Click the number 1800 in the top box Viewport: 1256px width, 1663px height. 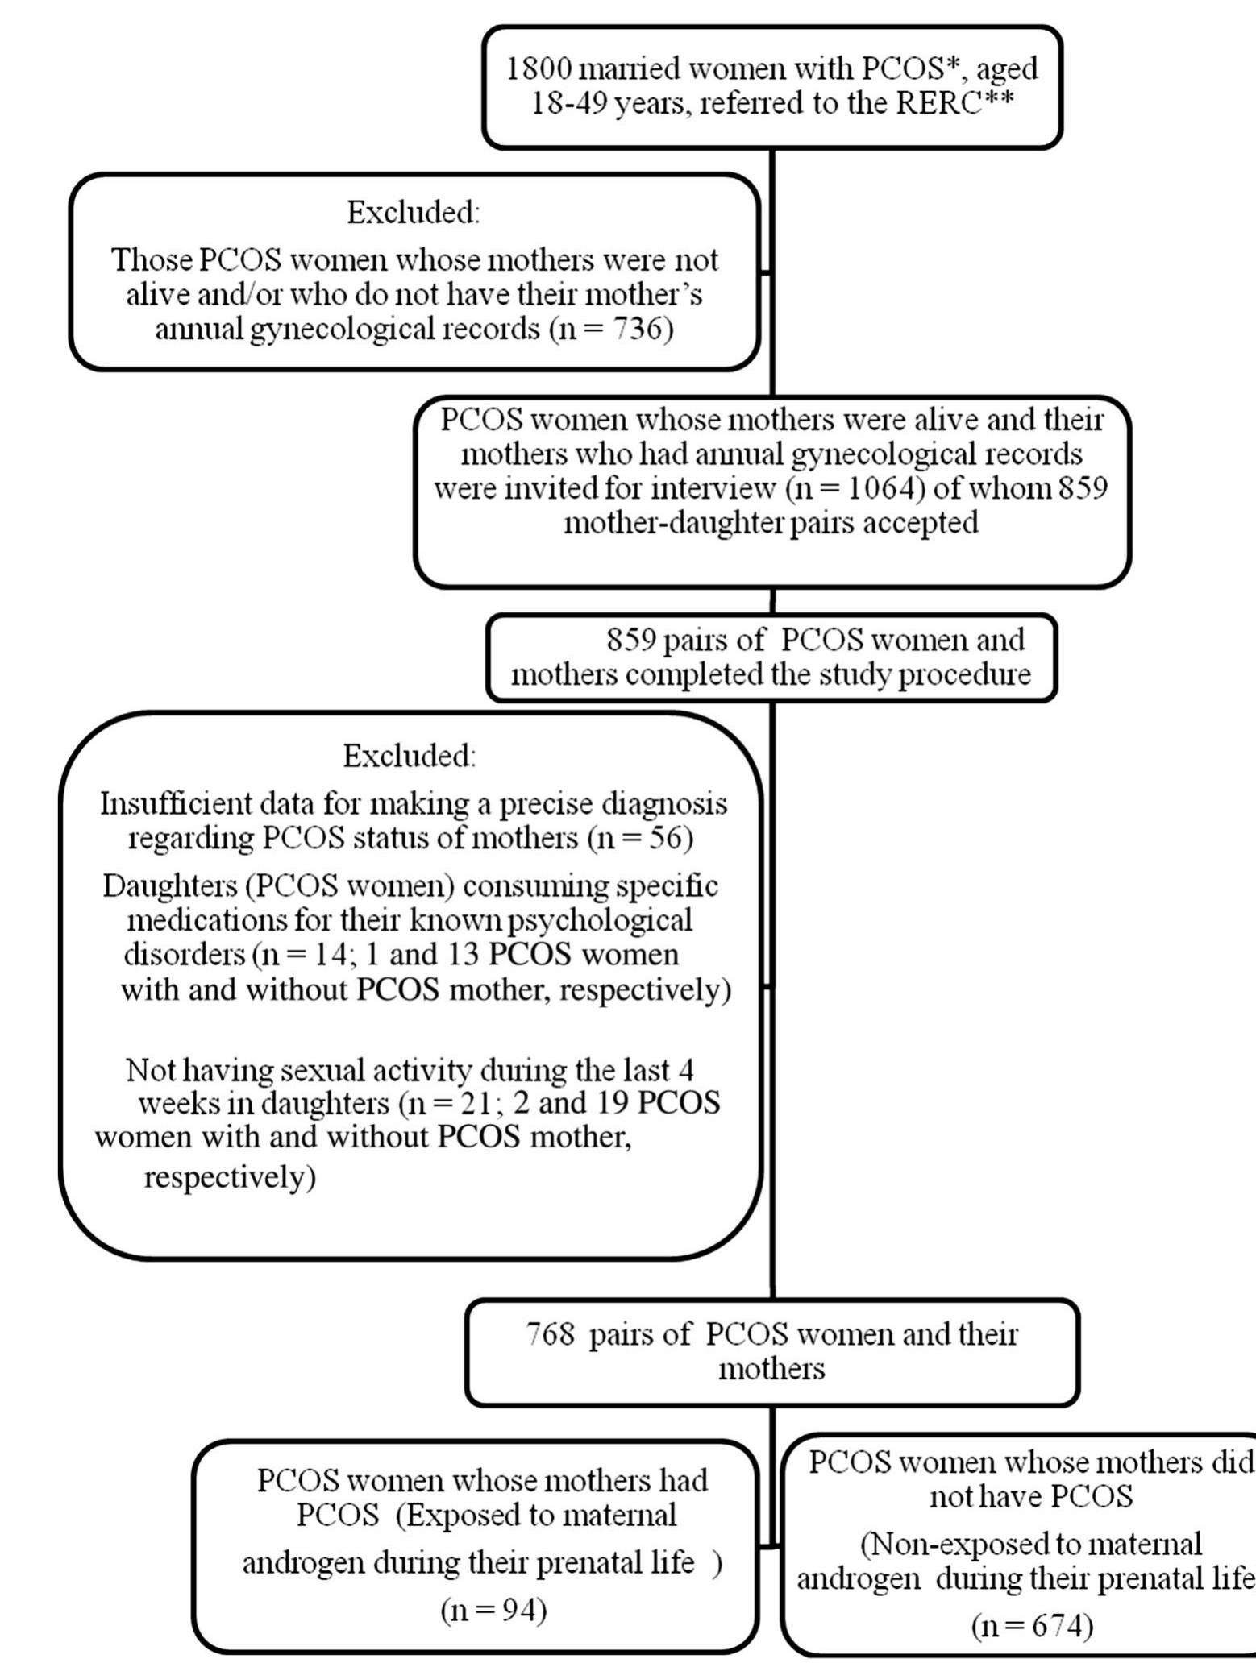pyautogui.click(x=539, y=68)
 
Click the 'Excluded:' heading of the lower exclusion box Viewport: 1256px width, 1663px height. pyautogui.click(x=410, y=756)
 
